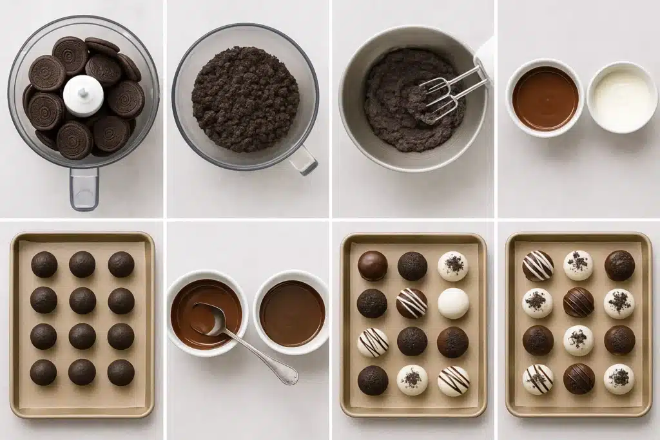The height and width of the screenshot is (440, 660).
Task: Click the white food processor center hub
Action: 83,95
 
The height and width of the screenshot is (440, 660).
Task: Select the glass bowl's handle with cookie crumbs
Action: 303,159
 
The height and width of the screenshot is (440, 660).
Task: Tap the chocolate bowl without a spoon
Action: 292,312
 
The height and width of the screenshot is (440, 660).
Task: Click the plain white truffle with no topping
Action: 453,303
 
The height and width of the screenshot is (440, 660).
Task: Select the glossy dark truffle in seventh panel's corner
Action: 373,265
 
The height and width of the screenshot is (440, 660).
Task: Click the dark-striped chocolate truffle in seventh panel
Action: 412,303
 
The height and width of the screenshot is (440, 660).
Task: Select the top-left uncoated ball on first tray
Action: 44,264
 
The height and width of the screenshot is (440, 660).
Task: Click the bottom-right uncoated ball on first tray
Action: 121,372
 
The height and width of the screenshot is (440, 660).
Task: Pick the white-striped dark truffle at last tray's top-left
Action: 538,265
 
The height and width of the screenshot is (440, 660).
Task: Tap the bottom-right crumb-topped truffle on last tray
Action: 619,379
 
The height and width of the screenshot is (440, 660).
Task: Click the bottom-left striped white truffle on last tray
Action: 538,379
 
